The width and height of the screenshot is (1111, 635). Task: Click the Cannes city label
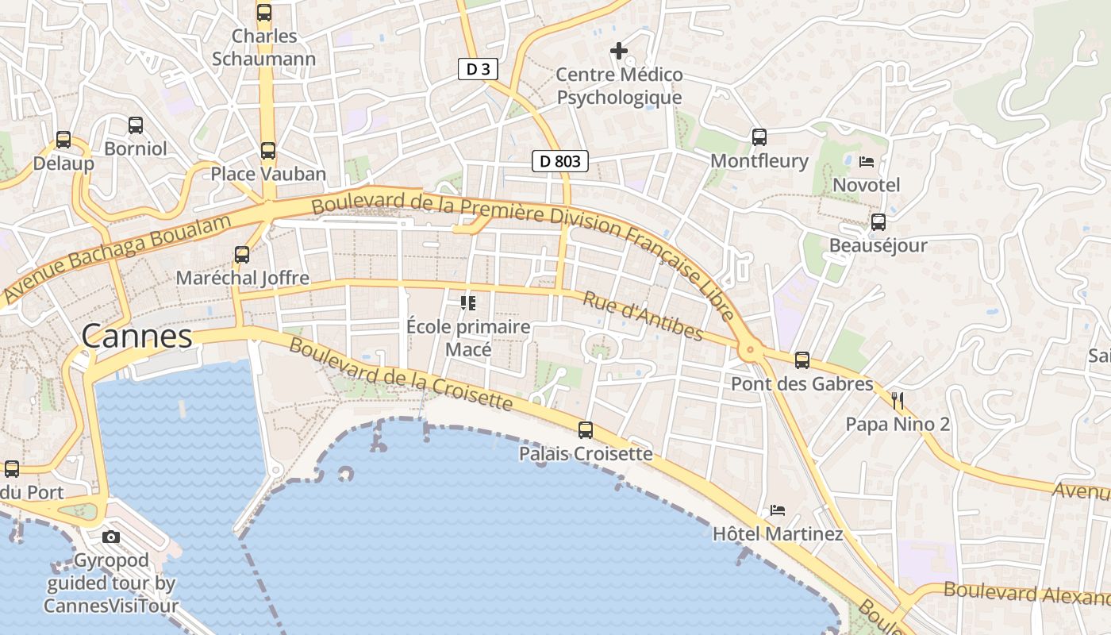[136, 337]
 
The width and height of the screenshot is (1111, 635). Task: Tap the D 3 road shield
[478, 69]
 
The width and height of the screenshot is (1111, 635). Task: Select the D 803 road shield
[560, 161]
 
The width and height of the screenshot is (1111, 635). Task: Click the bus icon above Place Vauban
[268, 150]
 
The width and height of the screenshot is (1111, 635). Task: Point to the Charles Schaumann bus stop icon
[264, 13]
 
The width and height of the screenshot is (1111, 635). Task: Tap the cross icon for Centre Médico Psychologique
[619, 52]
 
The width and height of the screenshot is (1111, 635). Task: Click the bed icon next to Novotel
[867, 162]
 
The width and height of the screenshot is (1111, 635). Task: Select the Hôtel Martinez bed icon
[778, 510]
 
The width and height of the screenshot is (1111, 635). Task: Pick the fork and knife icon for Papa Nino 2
[898, 400]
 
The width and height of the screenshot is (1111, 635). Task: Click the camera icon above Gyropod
[111, 537]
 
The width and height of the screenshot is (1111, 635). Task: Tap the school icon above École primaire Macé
[468, 302]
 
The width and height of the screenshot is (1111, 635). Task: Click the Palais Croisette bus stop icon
[586, 430]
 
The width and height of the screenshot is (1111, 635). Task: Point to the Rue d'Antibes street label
[643, 315]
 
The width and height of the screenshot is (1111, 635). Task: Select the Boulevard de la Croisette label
[400, 373]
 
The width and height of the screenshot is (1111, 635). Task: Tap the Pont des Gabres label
[802, 384]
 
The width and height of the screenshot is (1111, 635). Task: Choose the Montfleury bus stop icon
[759, 137]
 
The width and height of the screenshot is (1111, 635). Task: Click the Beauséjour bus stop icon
[878, 222]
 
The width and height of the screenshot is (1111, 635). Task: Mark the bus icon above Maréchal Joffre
[242, 255]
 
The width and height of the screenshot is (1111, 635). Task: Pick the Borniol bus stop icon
[136, 125]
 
